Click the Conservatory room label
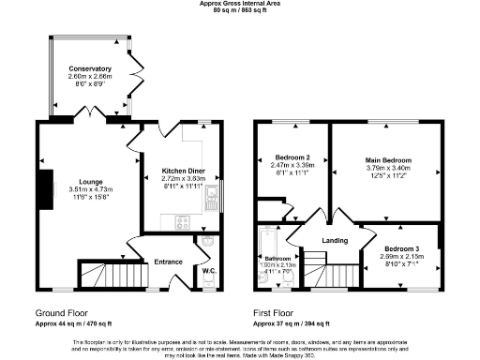(90, 69)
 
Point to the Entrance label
(168, 262)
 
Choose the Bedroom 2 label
(292, 157)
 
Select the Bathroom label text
(277, 258)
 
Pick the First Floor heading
(275, 312)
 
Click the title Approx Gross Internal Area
(239, 4)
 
